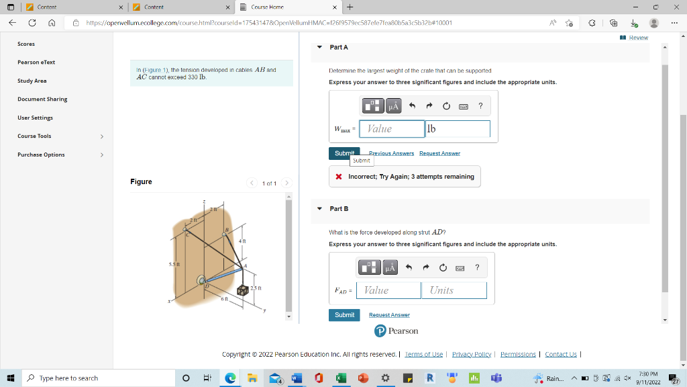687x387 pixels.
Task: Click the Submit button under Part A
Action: pyautogui.click(x=343, y=153)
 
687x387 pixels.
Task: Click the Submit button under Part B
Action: pyautogui.click(x=344, y=314)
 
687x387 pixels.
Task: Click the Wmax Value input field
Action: pyautogui.click(x=392, y=128)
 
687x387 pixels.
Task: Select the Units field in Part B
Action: pyautogui.click(x=454, y=290)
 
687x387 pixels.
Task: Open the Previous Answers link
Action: pyautogui.click(x=391, y=153)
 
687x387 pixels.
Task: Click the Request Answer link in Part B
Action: pyautogui.click(x=389, y=314)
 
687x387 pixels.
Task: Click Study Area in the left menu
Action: pyautogui.click(x=32, y=81)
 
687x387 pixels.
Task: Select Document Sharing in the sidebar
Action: pyautogui.click(x=42, y=99)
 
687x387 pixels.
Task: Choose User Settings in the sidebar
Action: pyautogui.click(x=35, y=118)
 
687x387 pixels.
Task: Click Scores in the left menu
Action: pyautogui.click(x=26, y=44)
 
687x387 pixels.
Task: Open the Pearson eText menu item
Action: pyautogui.click(x=36, y=62)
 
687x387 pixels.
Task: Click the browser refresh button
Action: pyautogui.click(x=32, y=22)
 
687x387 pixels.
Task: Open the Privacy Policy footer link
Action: pyautogui.click(x=472, y=354)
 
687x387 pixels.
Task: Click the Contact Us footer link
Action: pyautogui.click(x=560, y=354)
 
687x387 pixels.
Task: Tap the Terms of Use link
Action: pyautogui.click(x=423, y=354)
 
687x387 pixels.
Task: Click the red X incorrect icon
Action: pyautogui.click(x=339, y=177)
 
